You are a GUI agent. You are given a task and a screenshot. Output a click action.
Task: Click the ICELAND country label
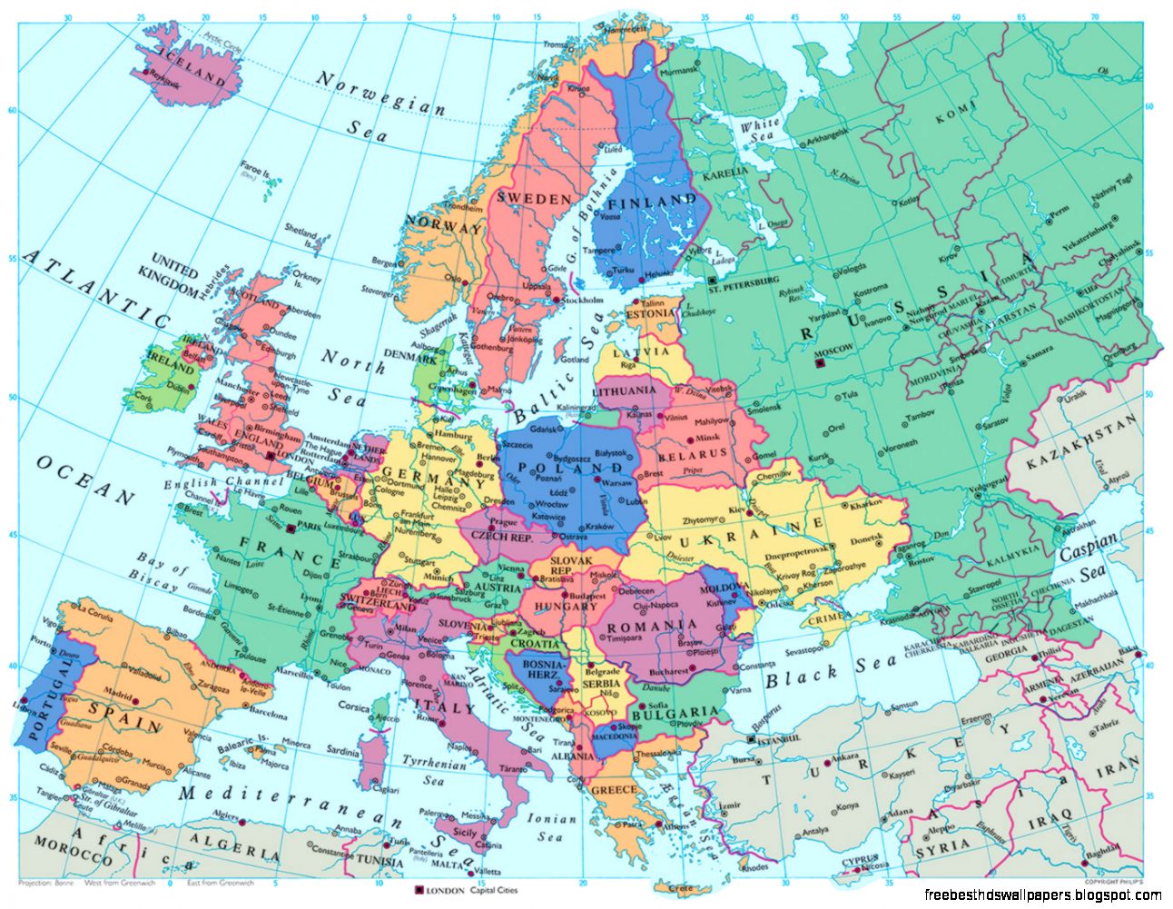192,65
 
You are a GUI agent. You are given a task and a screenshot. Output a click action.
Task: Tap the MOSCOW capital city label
836,350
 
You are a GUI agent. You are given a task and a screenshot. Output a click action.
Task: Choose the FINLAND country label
651,201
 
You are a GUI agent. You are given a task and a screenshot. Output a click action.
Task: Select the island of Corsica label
354,706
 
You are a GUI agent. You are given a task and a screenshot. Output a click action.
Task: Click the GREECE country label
614,790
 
